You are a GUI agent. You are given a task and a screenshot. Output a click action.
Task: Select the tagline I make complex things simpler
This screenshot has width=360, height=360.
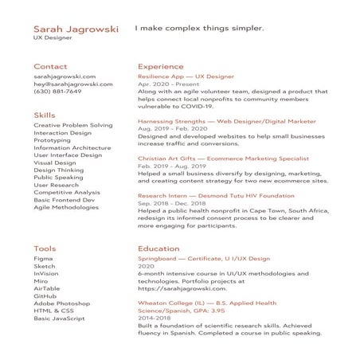point(198,29)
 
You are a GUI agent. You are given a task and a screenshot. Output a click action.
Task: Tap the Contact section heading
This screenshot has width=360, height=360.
point(50,67)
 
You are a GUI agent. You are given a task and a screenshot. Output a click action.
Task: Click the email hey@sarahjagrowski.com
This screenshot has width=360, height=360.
point(69,84)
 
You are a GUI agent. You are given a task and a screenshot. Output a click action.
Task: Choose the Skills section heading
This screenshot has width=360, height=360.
point(45,115)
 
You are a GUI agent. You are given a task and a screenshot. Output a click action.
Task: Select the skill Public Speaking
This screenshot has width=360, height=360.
point(58,178)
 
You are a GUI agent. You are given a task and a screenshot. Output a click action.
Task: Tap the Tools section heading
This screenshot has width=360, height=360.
point(45,248)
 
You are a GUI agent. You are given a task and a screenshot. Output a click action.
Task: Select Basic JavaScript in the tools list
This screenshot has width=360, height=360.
point(59,319)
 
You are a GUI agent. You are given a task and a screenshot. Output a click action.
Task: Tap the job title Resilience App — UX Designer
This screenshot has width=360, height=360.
point(186,76)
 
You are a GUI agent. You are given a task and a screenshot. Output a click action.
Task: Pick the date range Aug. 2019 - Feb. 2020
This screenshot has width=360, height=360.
point(172,128)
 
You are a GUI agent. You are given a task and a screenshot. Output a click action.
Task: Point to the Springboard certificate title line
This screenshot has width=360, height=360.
point(203,259)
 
